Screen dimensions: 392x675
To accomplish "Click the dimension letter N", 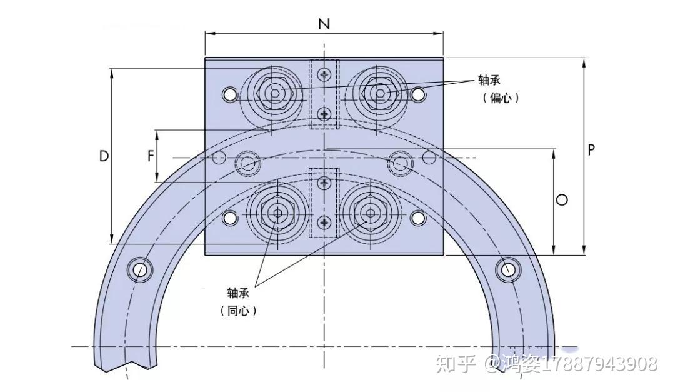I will pyautogui.click(x=324, y=24).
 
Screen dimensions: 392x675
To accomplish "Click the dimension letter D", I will pyautogui.click(x=104, y=156).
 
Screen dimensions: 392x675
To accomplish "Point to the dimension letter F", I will pyautogui.click(x=151, y=156).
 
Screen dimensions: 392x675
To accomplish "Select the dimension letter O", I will pyautogui.click(x=562, y=200).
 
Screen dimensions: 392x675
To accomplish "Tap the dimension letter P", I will pyautogui.click(x=591, y=150).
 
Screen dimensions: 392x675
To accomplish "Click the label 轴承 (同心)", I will pyautogui.click(x=238, y=301).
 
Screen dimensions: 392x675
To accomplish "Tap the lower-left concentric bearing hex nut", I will pyautogui.click(x=277, y=213).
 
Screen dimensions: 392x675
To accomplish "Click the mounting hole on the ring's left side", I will pyautogui.click(x=139, y=269).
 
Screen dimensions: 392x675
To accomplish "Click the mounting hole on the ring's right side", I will pyautogui.click(x=507, y=269).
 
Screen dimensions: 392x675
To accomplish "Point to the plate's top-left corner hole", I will pyautogui.click(x=230, y=94).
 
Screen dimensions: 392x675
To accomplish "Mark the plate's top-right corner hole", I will pyautogui.click(x=418, y=94).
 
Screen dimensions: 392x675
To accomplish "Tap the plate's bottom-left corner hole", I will pyautogui.click(x=230, y=218).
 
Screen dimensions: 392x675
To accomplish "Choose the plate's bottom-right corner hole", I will pyautogui.click(x=418, y=218).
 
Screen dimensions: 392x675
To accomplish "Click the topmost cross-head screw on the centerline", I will pyautogui.click(x=324, y=75).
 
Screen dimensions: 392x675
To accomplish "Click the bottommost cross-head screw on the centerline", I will pyautogui.click(x=324, y=222).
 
